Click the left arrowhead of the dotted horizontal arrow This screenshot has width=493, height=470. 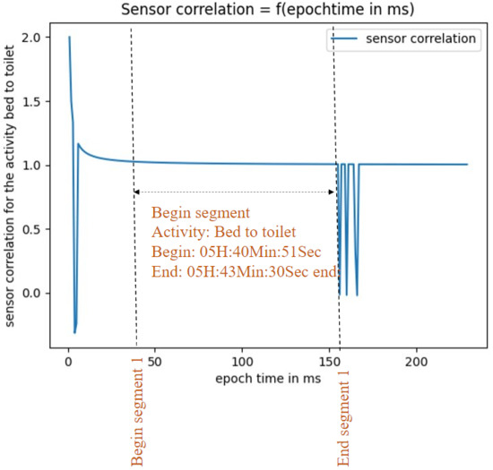point(136,192)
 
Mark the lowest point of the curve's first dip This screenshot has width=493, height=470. point(74,333)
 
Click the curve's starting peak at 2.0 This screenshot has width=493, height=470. point(69,38)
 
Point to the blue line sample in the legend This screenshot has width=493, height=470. point(346,40)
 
